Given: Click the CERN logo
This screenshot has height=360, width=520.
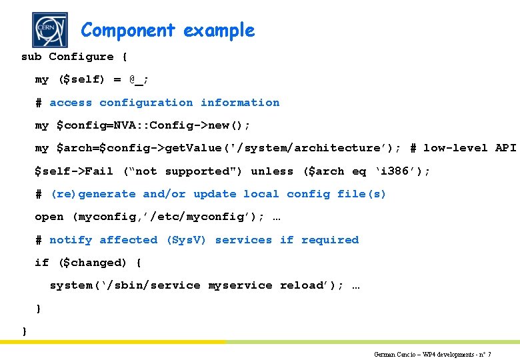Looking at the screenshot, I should tap(50, 30).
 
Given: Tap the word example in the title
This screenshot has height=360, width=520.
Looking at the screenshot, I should tap(219, 31).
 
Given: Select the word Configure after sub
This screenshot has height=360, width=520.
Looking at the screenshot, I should tap(81, 57).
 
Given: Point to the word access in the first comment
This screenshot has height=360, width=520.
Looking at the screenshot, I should tap(71, 103).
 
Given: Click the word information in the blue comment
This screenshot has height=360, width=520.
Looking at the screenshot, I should tap(240, 103).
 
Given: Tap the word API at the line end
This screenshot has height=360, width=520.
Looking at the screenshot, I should tap(506, 148).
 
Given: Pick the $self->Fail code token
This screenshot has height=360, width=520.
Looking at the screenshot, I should tap(74, 171).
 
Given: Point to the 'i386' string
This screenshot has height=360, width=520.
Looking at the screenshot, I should tap(403, 171).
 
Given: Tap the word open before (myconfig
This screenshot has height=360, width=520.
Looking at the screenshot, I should tap(49, 217).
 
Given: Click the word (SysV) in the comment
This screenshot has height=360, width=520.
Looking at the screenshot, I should tap(187, 240).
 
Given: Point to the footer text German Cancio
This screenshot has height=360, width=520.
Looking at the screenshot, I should tap(394, 355).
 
